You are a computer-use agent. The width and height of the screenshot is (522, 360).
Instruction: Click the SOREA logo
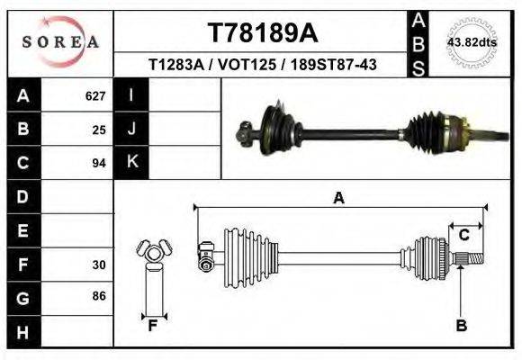(60, 42)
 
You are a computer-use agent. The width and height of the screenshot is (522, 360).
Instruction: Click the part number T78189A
(263, 33)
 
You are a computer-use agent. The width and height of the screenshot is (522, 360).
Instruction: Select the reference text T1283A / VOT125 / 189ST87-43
(263, 65)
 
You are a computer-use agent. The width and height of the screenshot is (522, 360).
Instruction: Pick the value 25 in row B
(99, 130)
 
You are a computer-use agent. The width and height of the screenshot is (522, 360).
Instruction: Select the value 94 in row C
(99, 164)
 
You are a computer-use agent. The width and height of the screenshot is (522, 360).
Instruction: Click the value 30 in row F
(99, 265)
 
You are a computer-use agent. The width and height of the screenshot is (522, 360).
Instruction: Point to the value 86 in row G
(99, 296)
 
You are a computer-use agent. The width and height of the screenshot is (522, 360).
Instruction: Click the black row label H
(23, 332)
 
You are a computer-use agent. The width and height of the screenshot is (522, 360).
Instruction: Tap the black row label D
(23, 196)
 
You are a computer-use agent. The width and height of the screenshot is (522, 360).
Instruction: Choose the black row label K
(131, 163)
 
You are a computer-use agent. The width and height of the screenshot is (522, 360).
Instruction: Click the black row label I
(131, 95)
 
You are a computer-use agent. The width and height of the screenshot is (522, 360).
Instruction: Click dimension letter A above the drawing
(338, 198)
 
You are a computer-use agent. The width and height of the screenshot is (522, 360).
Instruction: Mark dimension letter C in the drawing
(463, 236)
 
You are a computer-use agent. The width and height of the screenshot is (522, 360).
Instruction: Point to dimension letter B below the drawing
(461, 326)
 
